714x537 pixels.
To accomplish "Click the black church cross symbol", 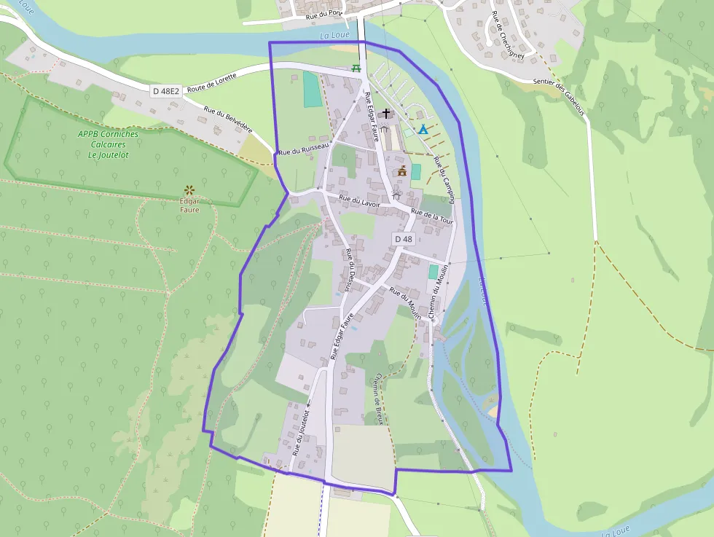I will (x=386, y=113).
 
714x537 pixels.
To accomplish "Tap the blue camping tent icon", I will (x=423, y=129).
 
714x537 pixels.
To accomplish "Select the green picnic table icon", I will (x=356, y=68).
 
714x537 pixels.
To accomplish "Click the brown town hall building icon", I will (x=401, y=170).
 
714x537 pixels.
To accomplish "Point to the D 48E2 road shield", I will (x=165, y=91).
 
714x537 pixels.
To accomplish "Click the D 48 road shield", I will (x=404, y=239).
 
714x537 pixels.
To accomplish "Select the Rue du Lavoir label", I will (x=360, y=201).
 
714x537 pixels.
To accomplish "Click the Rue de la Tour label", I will (x=432, y=216).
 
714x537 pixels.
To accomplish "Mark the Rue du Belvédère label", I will (x=227, y=119).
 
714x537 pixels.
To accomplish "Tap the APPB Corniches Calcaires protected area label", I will (x=108, y=144).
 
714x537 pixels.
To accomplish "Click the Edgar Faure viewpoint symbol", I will (x=189, y=190).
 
